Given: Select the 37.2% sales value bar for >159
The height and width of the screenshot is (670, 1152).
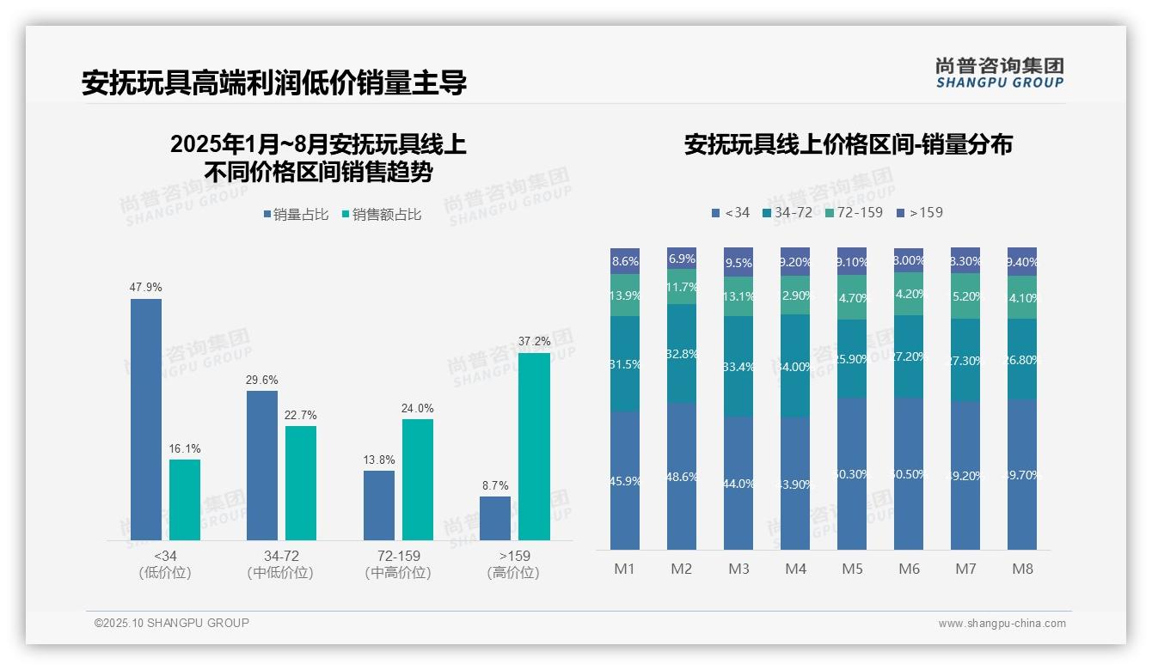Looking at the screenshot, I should click(534, 447).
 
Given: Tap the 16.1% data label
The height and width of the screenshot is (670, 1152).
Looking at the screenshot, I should click(185, 448).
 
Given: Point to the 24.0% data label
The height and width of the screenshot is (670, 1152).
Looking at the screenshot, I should click(417, 408).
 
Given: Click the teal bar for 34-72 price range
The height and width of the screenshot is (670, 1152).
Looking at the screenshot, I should click(301, 483).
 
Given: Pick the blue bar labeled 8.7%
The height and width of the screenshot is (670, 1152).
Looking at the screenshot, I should click(495, 518).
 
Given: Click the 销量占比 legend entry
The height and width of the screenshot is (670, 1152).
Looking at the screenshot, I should click(297, 215).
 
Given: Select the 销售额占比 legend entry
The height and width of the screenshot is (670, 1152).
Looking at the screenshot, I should click(382, 215).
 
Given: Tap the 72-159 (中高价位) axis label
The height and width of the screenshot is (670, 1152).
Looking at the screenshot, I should click(398, 564).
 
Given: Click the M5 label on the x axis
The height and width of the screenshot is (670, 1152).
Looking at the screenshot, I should click(852, 569).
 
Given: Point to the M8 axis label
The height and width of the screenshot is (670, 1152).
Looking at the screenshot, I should click(1022, 569).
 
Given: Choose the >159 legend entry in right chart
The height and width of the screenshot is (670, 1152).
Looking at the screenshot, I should click(919, 212).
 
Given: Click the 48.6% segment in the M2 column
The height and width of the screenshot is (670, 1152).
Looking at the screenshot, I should click(682, 476).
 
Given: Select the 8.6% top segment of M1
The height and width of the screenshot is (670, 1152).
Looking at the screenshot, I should click(625, 261).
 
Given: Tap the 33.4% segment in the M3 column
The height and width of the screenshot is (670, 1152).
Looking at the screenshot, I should click(738, 367).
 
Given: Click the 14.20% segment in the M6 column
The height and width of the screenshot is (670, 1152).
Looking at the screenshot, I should click(909, 293).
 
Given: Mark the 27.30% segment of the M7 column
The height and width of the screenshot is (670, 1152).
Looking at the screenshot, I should click(965, 361).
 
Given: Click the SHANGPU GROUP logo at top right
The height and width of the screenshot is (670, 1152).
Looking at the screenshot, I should click(1000, 73).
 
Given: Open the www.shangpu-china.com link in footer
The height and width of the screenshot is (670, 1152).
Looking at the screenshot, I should click(1002, 624).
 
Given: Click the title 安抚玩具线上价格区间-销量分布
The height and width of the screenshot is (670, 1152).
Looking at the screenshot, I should click(848, 145).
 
